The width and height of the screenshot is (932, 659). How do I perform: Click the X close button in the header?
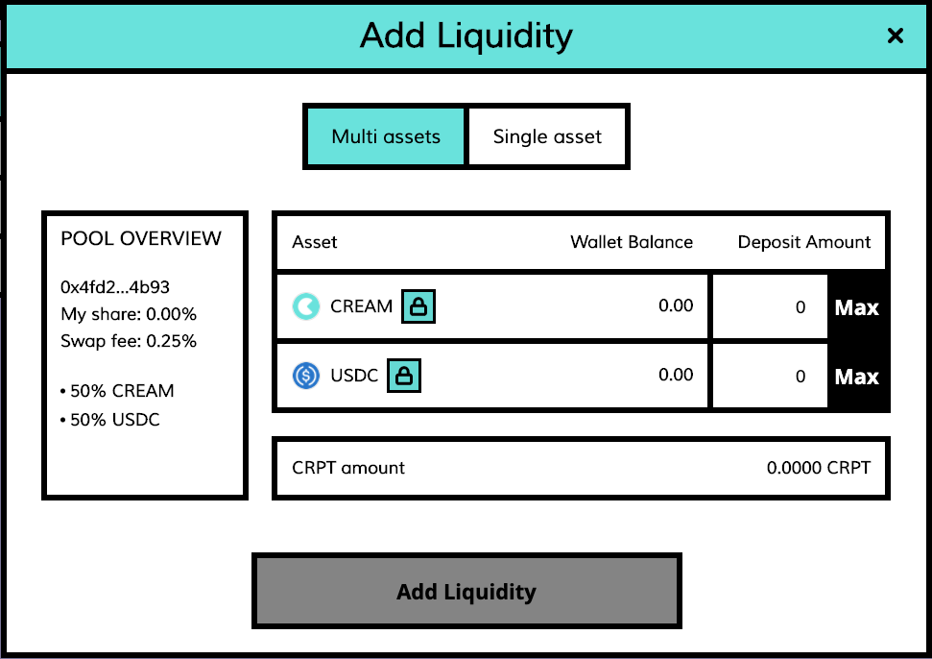click(895, 37)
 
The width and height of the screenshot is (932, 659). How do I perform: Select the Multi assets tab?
click(386, 136)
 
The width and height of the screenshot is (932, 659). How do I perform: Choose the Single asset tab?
click(547, 136)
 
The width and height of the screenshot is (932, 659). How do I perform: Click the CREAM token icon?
click(306, 306)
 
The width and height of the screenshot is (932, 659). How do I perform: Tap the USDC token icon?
click(306, 376)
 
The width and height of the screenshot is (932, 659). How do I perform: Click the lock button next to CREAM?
click(418, 306)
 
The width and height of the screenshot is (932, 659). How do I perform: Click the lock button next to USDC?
click(404, 376)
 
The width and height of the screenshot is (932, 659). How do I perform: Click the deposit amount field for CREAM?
click(769, 307)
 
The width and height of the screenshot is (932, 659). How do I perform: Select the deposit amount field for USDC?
click(769, 377)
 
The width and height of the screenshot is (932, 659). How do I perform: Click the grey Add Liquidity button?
click(466, 591)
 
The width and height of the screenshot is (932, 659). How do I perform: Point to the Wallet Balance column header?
click(632, 242)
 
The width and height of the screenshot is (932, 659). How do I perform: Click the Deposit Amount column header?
click(804, 242)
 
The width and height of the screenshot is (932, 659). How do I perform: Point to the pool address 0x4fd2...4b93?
click(115, 287)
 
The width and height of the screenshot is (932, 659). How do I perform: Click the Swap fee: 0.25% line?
click(129, 341)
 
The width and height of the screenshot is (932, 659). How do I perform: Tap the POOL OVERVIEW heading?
click(141, 238)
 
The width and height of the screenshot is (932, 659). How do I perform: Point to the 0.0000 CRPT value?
click(818, 469)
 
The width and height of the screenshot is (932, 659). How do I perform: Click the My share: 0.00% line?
click(129, 314)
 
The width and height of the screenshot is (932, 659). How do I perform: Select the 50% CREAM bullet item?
click(117, 391)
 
